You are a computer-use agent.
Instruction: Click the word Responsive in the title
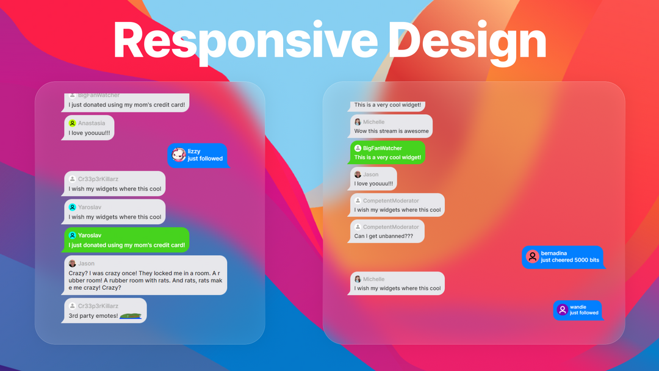245,41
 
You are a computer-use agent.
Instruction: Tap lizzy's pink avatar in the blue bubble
179,155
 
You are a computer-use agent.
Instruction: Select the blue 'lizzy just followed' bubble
198,156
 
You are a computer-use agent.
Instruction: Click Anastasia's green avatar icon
72,123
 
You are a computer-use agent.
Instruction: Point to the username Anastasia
92,123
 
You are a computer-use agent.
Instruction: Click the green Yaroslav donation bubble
126,240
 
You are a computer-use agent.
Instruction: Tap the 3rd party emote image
131,315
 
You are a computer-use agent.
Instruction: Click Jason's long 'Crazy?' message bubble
145,275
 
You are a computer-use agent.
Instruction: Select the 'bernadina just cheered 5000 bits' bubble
563,257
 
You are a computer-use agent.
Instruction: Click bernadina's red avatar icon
533,256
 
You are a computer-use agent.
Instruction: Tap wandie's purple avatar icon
563,310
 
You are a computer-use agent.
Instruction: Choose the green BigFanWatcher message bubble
386,153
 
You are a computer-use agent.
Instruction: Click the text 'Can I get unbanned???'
383,236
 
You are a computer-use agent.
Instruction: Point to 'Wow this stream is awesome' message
391,131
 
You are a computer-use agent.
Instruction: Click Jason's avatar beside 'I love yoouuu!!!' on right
358,175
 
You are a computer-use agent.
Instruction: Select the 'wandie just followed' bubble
578,310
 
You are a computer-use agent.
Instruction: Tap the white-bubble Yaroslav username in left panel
90,207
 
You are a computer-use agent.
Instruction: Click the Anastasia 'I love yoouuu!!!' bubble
88,128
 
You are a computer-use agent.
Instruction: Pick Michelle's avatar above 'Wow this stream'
358,122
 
